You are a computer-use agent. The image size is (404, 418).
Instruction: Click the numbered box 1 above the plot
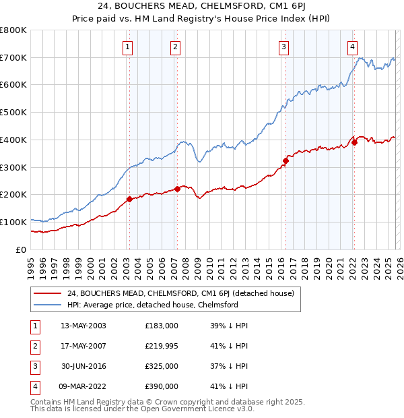[x=128, y=47]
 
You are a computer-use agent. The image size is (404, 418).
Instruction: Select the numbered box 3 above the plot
[x=284, y=47]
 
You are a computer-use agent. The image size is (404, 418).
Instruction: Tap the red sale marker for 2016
[x=285, y=160]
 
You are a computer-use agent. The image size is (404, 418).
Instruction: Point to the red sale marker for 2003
[x=129, y=200]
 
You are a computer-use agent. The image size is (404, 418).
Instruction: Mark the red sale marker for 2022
[x=354, y=142]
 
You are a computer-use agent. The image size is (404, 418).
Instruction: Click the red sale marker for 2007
[x=177, y=189]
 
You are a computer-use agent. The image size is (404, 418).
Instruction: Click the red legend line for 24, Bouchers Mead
[x=48, y=293]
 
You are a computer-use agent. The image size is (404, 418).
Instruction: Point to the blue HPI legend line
[x=48, y=305]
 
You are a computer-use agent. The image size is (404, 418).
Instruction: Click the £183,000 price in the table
[x=162, y=326]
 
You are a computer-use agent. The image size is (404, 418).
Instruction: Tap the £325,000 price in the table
[x=162, y=366]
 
